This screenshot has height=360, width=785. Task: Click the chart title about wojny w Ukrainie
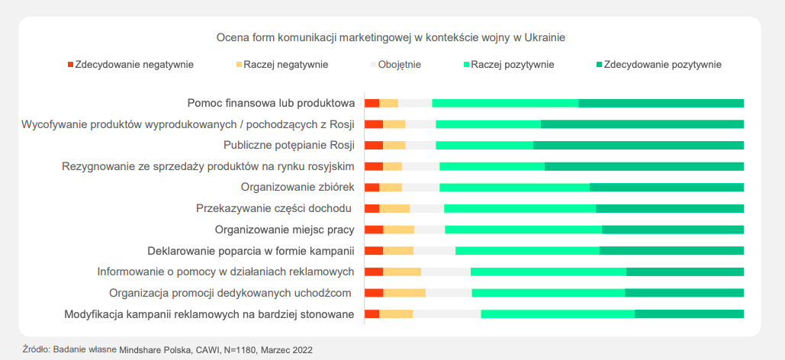[391, 36]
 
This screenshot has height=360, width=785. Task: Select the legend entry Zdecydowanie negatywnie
[130, 64]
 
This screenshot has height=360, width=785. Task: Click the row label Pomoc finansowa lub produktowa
[272, 103]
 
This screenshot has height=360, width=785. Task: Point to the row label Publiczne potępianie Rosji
[289, 145]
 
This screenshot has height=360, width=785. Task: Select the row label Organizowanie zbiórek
[298, 187]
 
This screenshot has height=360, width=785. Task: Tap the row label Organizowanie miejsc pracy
[285, 229]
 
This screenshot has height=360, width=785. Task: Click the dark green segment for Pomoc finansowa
[661, 103]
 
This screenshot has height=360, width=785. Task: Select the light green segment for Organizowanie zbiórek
[514, 187]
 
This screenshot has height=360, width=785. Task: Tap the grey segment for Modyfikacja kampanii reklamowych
[446, 313]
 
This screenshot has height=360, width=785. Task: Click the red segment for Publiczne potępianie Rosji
[373, 145]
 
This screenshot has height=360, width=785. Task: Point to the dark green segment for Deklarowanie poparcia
[671, 250]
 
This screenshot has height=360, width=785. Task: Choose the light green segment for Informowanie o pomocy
[548, 272]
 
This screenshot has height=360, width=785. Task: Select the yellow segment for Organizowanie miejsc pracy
[398, 229]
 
